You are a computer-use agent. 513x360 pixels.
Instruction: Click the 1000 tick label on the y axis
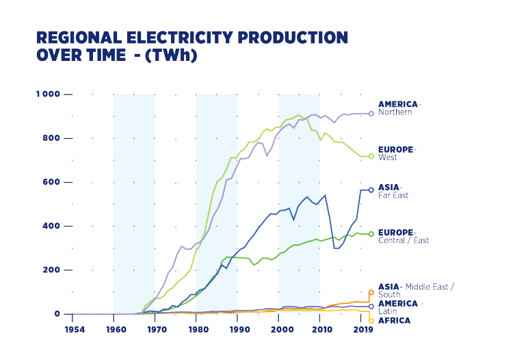pos(48,94)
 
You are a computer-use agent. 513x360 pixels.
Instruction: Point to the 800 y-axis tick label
pos(51,138)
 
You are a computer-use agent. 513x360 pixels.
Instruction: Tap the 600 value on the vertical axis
pos(51,181)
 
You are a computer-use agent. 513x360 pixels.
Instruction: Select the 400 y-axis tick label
pos(51,225)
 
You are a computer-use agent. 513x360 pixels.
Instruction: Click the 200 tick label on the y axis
pos(51,270)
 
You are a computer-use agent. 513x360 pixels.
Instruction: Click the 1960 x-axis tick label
pos(115,330)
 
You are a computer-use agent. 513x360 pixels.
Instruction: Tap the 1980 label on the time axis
pos(197,330)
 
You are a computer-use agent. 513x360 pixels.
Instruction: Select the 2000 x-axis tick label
pos(279,330)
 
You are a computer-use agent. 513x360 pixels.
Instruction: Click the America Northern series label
pos(399,108)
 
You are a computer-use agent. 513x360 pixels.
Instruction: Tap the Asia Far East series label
pos(393,190)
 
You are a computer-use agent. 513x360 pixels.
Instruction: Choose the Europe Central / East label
pos(404,236)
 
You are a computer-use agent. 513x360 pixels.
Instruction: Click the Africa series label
pos(395,320)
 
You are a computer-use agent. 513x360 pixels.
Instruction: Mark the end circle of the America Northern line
pos(371,114)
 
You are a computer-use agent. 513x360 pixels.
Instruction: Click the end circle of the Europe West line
pos(371,156)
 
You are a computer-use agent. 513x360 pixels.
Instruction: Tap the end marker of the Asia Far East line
pos(371,190)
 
